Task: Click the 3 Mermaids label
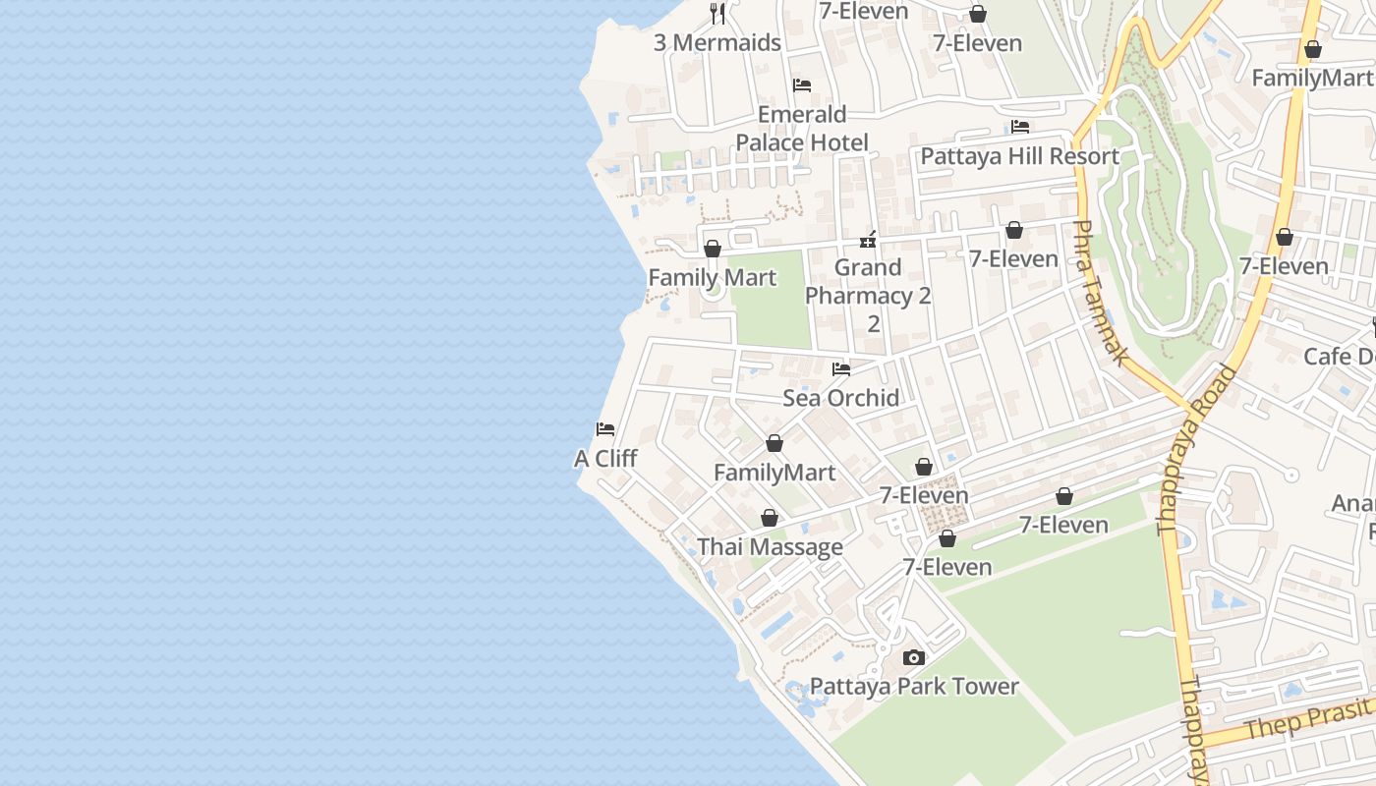(x=717, y=42)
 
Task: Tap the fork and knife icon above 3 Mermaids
(x=717, y=14)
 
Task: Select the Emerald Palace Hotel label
(x=802, y=129)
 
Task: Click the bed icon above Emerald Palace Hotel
(x=802, y=85)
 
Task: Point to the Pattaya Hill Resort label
(x=1019, y=156)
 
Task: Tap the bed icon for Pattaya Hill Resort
(x=1020, y=127)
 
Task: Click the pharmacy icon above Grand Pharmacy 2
(x=868, y=239)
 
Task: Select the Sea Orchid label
(x=840, y=398)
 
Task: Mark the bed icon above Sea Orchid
(x=841, y=369)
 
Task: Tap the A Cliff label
(x=605, y=459)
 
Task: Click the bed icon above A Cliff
(x=605, y=429)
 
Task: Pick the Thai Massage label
(x=770, y=547)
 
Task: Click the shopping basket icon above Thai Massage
(x=770, y=518)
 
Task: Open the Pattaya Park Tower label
(x=914, y=687)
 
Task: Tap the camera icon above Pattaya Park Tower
(x=914, y=657)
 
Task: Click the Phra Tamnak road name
(x=1099, y=293)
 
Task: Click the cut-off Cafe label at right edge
(x=1339, y=356)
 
